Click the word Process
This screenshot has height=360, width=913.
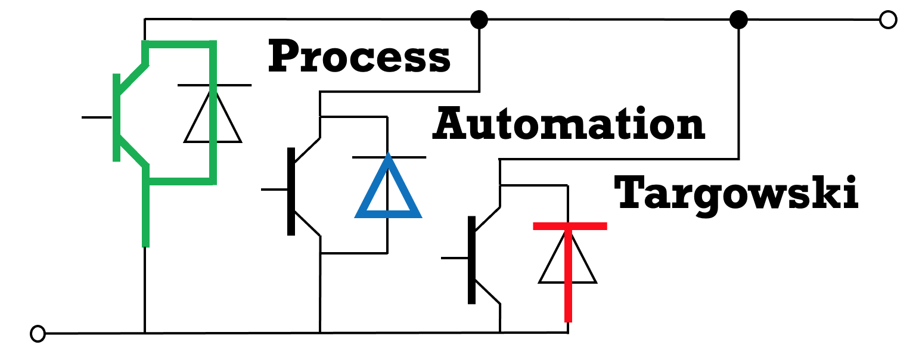[359, 57]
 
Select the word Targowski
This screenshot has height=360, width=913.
[736, 193]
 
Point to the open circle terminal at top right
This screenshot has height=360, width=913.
[888, 20]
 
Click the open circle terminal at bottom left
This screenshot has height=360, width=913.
[38, 334]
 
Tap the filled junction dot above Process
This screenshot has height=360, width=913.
[479, 20]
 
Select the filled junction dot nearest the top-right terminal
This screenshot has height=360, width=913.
[739, 20]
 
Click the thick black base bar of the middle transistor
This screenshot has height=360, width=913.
[291, 191]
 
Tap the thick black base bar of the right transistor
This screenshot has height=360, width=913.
[471, 259]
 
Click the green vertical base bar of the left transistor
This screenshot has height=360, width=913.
[117, 117]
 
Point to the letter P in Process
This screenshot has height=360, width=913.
[284, 57]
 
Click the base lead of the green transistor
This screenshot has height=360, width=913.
[97, 117]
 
